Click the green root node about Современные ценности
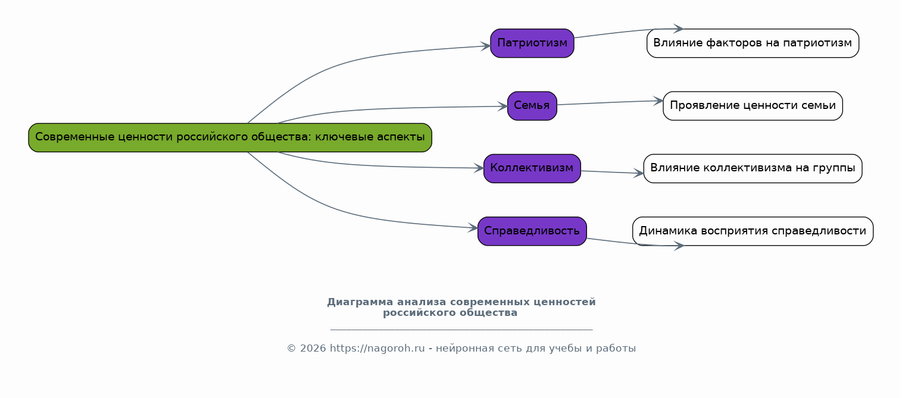230,137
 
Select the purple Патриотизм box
532,43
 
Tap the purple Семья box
532,106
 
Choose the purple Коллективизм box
532,168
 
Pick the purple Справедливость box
532,231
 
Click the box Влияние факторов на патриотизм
753,43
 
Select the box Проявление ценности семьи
753,106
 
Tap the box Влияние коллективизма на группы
753,168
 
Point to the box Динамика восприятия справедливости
753,231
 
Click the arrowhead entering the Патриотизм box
486,46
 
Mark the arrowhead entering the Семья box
503,106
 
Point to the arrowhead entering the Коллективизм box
479,168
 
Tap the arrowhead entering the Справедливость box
473,227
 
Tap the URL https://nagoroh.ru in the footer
377,349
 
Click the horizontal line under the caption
461,329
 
